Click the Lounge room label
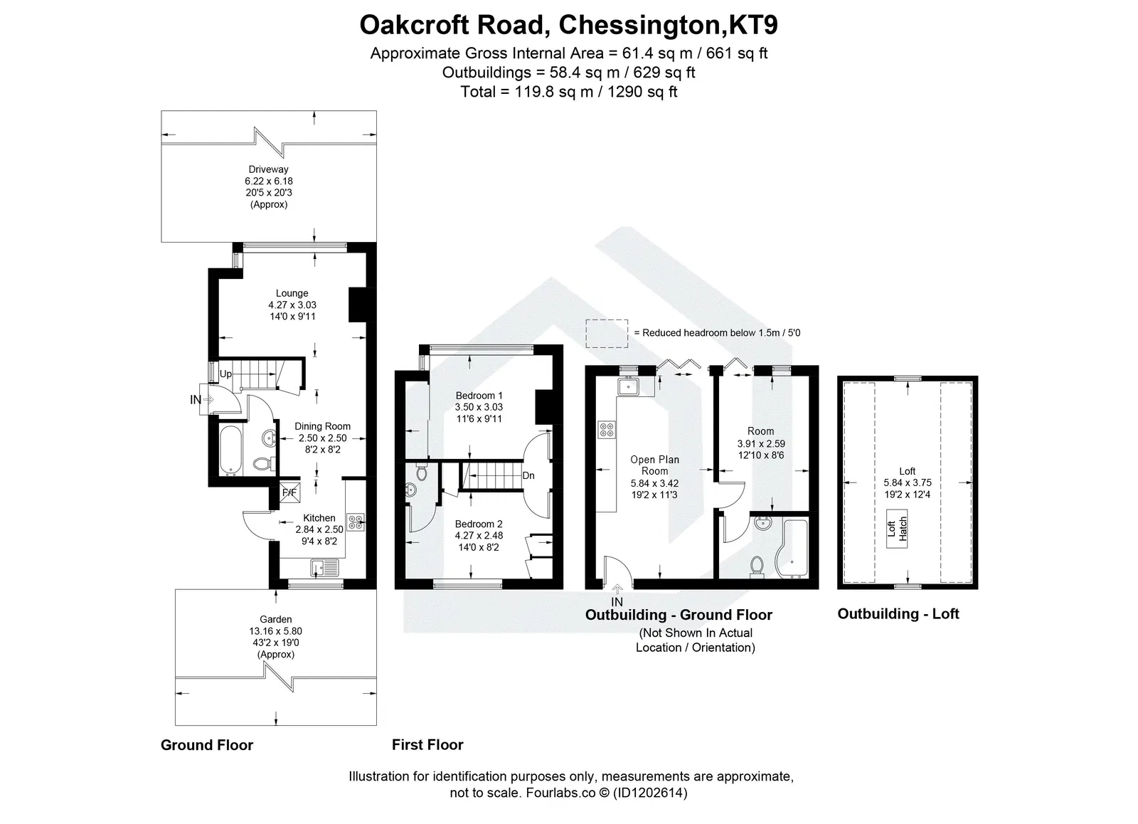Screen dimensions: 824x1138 [292, 293]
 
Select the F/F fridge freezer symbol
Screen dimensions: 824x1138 [289, 492]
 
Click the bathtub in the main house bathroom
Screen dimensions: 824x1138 [229, 449]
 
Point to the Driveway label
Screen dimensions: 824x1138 [268, 169]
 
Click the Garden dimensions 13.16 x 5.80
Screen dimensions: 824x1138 [275, 631]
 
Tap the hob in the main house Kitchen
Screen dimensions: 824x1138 [354, 522]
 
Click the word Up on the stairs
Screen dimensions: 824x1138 [225, 374]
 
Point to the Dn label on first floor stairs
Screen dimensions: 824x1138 [528, 475]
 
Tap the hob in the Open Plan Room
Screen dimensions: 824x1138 [608, 429]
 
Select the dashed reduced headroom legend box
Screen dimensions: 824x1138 [606, 332]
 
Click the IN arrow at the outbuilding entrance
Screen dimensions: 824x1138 [617, 589]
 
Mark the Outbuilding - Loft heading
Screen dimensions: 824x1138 [898, 614]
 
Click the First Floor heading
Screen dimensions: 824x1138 [427, 745]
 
